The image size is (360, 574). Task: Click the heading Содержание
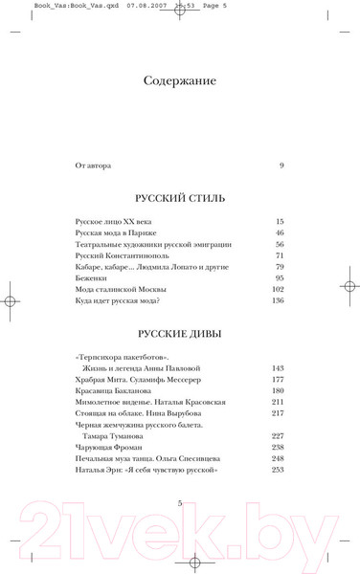pyautogui.click(x=180, y=80)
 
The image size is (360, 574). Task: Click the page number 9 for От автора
pyautogui.click(x=281, y=166)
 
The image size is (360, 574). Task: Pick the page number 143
pyautogui.click(x=279, y=367)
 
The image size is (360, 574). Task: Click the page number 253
pyautogui.click(x=279, y=470)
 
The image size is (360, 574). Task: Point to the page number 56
pyautogui.click(x=281, y=245)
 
